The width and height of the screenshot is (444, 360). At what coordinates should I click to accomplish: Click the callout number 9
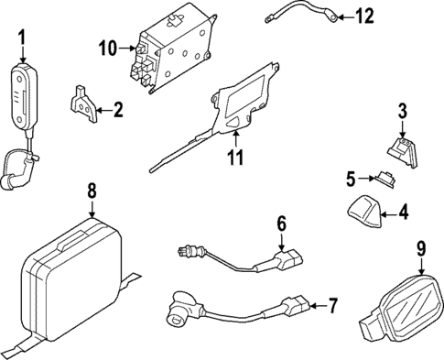coord(421,246)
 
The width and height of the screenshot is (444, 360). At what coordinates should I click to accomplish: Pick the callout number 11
coord(235,157)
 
